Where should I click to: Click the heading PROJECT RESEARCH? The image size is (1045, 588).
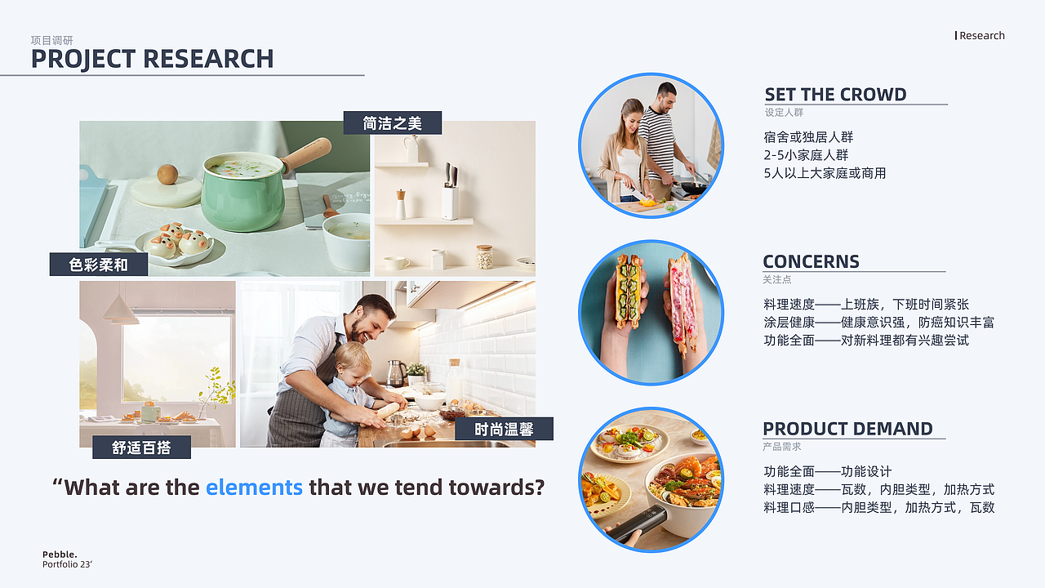(x=152, y=60)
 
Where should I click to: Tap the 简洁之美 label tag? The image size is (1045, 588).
(x=393, y=122)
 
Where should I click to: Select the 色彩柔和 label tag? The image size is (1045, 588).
(x=99, y=265)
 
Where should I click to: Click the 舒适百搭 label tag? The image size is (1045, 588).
(x=141, y=447)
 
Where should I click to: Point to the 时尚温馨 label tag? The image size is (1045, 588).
(x=504, y=429)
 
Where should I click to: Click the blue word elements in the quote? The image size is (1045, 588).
(x=254, y=488)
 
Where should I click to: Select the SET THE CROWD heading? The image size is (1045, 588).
(x=835, y=95)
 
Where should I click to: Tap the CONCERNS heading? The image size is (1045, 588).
(x=811, y=262)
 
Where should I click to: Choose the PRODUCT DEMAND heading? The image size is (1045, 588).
(x=847, y=429)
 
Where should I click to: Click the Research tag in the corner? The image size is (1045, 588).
(x=981, y=35)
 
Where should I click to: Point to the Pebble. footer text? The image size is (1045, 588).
(x=60, y=555)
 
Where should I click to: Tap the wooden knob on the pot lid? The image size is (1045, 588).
(x=167, y=174)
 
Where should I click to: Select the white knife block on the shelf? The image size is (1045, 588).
(x=450, y=202)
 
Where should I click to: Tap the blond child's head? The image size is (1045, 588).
(x=353, y=361)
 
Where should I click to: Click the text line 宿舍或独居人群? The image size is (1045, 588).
(x=808, y=137)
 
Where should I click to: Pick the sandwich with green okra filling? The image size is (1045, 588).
(x=628, y=292)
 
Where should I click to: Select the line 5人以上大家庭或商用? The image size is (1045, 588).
(x=825, y=173)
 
